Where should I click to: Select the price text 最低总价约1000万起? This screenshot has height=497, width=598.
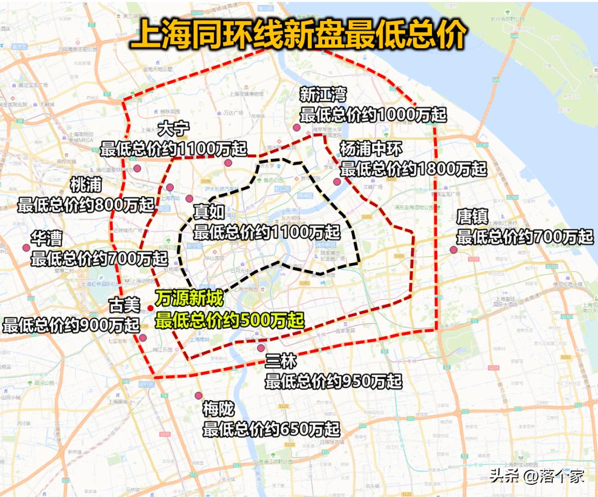point(373,115)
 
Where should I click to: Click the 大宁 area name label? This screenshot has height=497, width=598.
point(173,129)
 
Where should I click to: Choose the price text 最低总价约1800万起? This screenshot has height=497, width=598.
point(414,168)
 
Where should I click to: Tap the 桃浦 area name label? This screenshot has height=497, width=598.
point(86,184)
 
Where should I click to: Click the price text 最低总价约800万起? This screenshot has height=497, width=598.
point(86,204)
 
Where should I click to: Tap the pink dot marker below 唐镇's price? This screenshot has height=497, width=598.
point(453,250)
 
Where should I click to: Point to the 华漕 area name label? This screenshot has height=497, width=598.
point(47,238)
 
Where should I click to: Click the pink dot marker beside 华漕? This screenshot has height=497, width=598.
point(25,248)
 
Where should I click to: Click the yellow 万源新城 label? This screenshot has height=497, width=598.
point(189,299)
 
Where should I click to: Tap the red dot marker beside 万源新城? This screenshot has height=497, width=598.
point(150,308)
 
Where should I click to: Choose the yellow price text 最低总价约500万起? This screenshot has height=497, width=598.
point(229,320)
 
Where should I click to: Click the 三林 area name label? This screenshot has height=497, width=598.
point(281,361)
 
